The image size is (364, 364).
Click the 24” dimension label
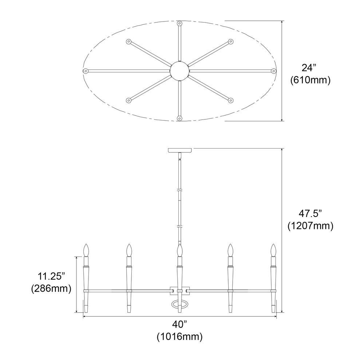point(309,68)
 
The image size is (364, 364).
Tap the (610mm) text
point(310,80)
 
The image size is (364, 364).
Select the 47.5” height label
point(310,214)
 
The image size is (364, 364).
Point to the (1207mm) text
point(310,226)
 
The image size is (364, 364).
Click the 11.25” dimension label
point(51,277)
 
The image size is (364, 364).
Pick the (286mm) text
point(51,289)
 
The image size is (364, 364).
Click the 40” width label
point(180,324)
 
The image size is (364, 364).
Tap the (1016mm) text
point(180,337)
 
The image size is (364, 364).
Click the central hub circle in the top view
point(180,71)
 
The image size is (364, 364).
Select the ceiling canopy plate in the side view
point(180,150)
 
